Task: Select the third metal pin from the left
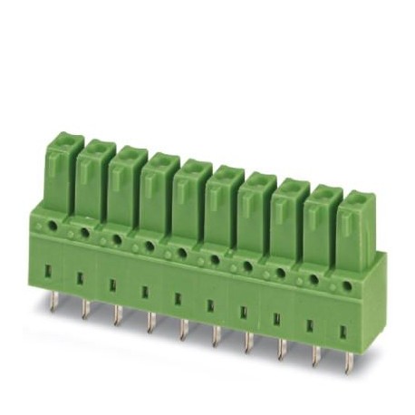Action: coord(116,318)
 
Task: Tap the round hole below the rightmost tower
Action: coord(347,285)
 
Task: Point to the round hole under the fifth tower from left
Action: coord(181,251)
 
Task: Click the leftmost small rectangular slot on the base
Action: coord(47,271)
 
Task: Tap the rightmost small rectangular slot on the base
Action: coord(343,332)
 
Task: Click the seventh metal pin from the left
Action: coord(247,342)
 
